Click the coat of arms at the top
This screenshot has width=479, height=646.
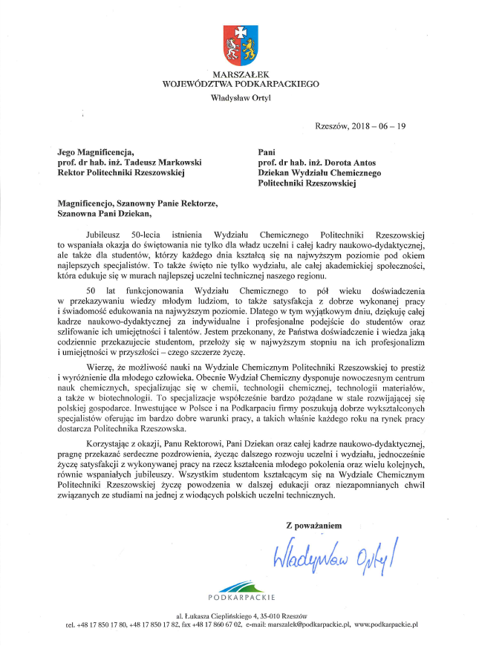click(x=239, y=44)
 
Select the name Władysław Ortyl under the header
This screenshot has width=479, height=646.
click(x=239, y=97)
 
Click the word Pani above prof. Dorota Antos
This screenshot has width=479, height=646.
click(x=267, y=152)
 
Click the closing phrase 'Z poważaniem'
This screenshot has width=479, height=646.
click(x=314, y=525)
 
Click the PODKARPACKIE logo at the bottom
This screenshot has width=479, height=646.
click(x=241, y=591)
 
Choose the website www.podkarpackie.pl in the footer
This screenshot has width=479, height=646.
click(x=387, y=626)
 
